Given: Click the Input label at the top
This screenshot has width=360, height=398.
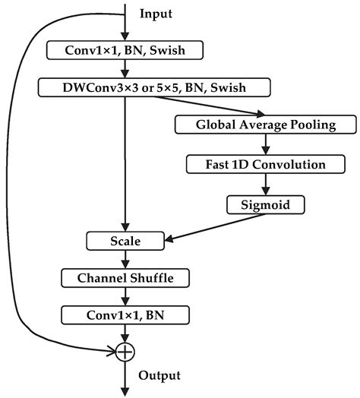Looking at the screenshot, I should click(156, 14).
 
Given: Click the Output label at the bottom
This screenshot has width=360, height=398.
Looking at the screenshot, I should click(159, 375).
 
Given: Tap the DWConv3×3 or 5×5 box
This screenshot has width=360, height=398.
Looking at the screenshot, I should click(153, 88).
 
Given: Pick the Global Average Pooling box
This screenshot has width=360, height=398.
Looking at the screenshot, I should click(266, 125).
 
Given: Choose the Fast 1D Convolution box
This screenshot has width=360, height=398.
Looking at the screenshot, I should click(266, 164).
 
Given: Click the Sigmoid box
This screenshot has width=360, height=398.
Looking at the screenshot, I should click(266, 204).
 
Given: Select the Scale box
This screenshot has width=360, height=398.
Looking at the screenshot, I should click(125, 242).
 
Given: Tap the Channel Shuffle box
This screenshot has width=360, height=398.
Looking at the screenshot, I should click(125, 278).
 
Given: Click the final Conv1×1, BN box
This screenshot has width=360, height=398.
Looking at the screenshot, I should click(125, 314).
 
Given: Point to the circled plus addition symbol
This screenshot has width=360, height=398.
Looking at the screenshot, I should click(125, 351).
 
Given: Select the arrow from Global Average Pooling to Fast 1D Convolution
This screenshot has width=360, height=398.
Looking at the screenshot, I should click(266, 144).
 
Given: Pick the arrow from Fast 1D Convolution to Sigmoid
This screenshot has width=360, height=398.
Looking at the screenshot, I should click(266, 184).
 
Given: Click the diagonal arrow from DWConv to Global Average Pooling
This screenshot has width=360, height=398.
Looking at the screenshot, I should click(205, 106).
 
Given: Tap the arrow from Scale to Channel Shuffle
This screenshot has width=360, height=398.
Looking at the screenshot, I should click(125, 260).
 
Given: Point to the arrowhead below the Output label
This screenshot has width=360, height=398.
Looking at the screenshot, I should click(125, 391).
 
